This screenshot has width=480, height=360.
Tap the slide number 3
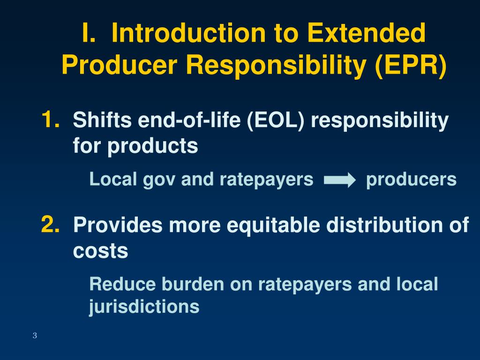35,335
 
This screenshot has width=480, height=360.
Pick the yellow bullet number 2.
50,225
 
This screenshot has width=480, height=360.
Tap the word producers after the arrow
411,180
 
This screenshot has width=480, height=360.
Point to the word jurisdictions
144,307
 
